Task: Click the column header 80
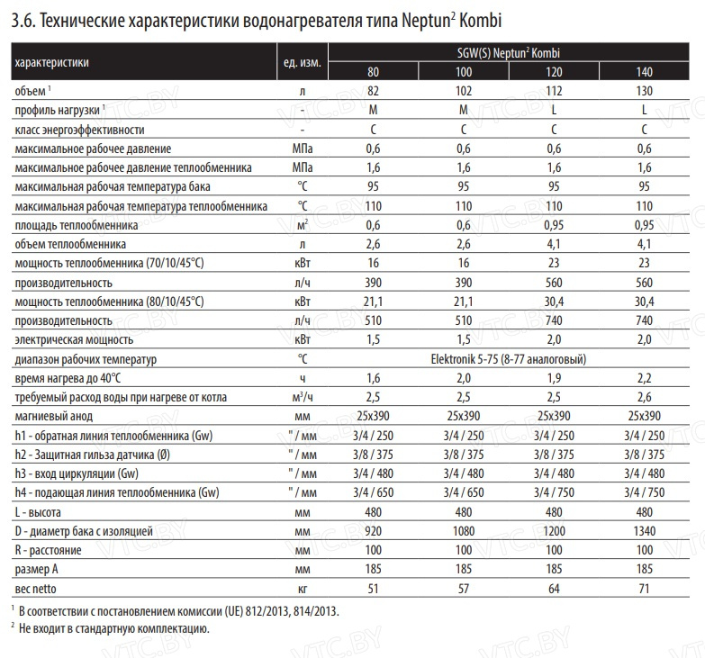(373, 72)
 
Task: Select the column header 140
(644, 72)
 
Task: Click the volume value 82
(373, 91)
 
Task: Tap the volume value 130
(644, 91)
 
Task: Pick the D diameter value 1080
(464, 532)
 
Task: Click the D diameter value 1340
(644, 532)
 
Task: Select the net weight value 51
(373, 588)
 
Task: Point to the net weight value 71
(644, 588)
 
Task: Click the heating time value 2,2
(644, 378)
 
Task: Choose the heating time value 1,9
(554, 378)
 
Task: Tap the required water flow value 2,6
(644, 397)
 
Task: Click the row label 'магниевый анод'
(54, 417)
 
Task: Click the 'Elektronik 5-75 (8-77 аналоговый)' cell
(509, 359)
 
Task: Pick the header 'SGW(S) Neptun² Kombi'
(509, 53)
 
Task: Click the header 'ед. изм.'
(302, 62)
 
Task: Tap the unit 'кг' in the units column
(302, 588)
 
